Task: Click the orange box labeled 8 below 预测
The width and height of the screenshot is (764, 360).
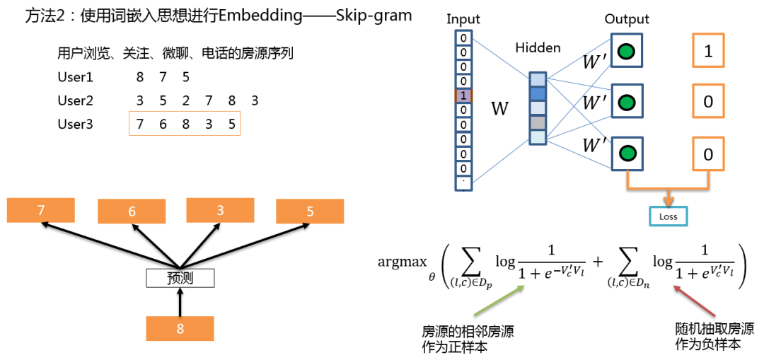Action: point(180,328)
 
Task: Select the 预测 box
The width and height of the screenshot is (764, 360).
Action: point(180,278)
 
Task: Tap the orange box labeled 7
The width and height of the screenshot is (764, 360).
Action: point(40,211)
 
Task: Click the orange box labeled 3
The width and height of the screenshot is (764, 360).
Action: point(221,211)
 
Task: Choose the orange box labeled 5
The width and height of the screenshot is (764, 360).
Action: point(310,211)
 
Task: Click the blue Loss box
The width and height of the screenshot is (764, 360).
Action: point(668,216)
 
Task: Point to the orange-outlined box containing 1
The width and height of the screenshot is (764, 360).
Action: point(708,50)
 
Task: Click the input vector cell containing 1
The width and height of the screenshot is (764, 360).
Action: point(462,95)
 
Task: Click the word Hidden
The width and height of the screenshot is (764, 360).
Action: point(538,49)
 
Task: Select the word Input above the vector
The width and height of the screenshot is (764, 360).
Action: point(463,19)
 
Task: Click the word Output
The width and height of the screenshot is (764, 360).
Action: point(627,19)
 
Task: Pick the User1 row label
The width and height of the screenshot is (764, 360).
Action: point(75,77)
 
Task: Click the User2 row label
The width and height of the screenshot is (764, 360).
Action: point(75,100)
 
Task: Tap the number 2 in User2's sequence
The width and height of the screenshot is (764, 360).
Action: point(185,100)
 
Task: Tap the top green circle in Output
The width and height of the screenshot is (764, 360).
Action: point(625,50)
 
